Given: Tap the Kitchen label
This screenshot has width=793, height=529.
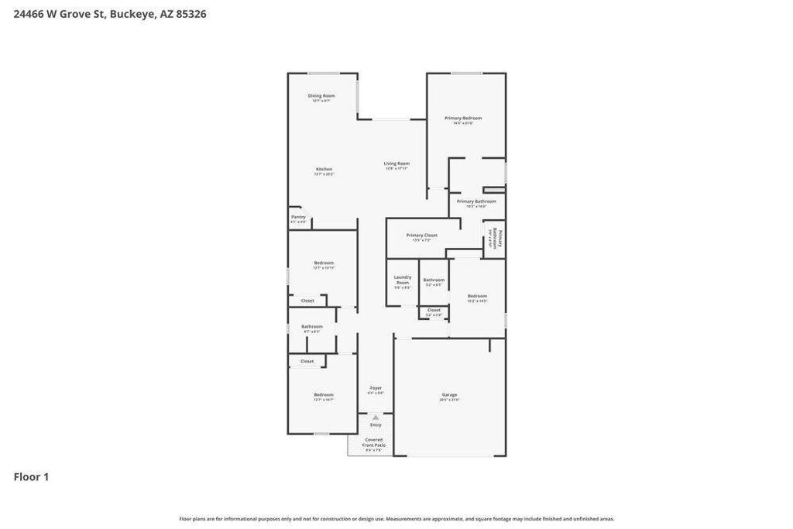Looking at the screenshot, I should (324, 169).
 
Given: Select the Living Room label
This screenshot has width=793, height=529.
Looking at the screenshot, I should (396, 163).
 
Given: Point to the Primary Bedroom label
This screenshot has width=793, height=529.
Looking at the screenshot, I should (463, 119).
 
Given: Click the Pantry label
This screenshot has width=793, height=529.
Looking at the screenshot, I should (298, 217).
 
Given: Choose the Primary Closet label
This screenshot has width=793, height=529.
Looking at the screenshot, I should (422, 235).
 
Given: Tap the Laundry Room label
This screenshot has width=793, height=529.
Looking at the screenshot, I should (403, 280).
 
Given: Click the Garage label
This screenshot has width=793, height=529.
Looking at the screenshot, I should (449, 395).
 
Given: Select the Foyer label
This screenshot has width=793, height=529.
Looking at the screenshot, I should (376, 388).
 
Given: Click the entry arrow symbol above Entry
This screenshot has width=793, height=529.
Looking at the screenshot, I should (376, 417).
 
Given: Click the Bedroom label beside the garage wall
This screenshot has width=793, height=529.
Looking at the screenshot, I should (477, 296).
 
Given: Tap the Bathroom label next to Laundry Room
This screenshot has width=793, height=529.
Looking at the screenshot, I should (434, 280).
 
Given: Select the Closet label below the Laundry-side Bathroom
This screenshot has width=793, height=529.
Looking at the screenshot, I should (434, 310).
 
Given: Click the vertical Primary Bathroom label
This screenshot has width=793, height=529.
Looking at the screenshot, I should (499, 238).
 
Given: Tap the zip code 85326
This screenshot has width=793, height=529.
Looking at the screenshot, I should (191, 14).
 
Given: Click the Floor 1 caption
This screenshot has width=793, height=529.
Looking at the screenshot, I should (31, 477).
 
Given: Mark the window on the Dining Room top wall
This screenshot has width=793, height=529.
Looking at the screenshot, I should (323, 74).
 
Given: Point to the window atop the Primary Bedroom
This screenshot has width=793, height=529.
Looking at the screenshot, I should (466, 74).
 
